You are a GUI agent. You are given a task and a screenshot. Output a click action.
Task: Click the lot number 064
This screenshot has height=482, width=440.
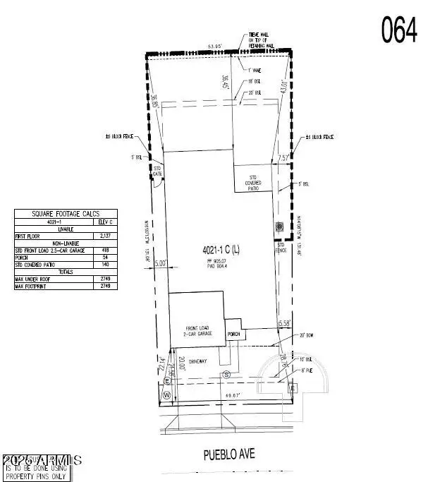[399, 30]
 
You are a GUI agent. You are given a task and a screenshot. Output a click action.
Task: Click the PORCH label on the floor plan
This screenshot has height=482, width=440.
[234, 334]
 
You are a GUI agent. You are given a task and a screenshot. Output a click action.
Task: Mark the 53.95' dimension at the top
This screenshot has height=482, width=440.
[214, 46]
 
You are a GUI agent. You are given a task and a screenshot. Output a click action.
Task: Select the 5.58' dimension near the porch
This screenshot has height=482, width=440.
[285, 323]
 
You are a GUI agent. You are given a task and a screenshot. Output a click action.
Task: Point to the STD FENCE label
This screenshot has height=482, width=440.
[281, 246]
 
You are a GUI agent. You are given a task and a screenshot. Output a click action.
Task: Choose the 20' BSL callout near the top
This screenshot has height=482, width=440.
[256, 92]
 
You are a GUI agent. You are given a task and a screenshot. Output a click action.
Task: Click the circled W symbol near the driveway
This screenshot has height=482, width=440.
[166, 394]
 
